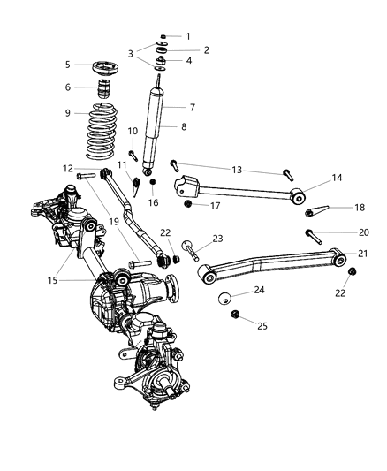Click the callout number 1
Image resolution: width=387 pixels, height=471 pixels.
click(186, 36)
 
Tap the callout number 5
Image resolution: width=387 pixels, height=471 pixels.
click(67, 65)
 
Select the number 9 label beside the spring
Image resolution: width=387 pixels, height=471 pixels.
click(67, 113)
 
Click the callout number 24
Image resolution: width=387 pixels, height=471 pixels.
click(259, 289)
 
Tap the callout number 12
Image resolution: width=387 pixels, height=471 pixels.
click(68, 168)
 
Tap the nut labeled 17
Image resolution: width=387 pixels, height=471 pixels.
click(187, 207)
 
